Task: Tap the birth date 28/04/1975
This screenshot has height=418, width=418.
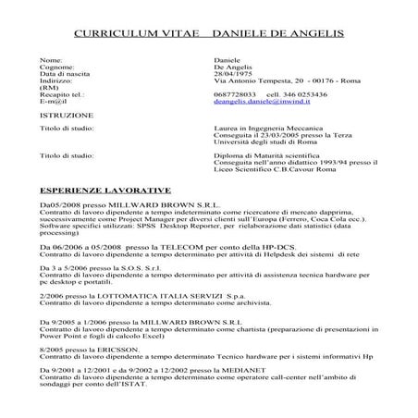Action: click(230, 73)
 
